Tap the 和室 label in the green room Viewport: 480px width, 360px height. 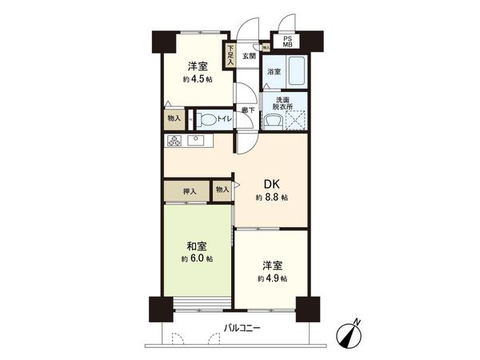coord(196,246)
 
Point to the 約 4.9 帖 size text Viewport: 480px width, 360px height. coord(272,278)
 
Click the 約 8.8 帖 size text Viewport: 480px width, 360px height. coord(272,197)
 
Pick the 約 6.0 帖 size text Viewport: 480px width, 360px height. coord(196,259)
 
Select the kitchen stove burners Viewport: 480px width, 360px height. coord(176,141)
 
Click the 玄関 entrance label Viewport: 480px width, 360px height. coord(249,56)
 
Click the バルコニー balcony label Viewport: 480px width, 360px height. coord(241,326)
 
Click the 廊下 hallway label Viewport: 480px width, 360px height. coord(248,110)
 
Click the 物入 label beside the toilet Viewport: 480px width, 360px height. coord(174,118)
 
